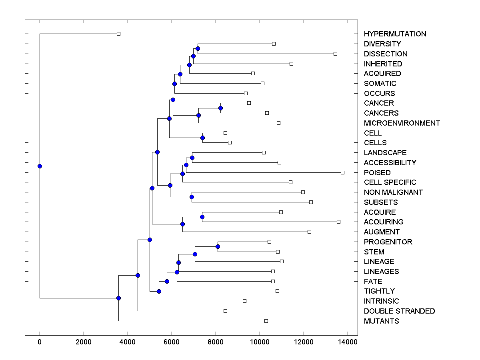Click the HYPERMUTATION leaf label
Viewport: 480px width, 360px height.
tap(395, 34)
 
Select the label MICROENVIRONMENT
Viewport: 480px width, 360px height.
tap(402, 123)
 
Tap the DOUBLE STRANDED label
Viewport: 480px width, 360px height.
tap(399, 311)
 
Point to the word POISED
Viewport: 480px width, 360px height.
tap(377, 173)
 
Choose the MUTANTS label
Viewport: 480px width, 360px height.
tap(381, 321)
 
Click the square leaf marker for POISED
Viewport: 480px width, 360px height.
tap(342, 172)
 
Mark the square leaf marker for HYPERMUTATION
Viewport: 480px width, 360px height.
tap(118, 34)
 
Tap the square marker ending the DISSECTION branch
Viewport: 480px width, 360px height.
tap(335, 54)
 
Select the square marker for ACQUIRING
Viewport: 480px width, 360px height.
tap(338, 222)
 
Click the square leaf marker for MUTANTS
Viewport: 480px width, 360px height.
tap(266, 321)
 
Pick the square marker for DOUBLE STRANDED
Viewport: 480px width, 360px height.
tap(225, 311)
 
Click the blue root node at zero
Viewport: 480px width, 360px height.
tap(40, 166)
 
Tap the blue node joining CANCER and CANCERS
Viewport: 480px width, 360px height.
tap(220, 108)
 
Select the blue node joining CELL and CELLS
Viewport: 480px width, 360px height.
tap(202, 138)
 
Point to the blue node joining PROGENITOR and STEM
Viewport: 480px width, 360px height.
tap(218, 246)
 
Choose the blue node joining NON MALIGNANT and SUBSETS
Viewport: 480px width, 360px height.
tap(192, 197)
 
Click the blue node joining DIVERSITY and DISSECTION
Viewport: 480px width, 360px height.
tap(198, 48)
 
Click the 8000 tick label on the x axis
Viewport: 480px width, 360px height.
tap(216, 342)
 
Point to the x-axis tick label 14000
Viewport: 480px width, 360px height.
tap(348, 342)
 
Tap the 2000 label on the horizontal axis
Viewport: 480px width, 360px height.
tap(84, 342)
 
